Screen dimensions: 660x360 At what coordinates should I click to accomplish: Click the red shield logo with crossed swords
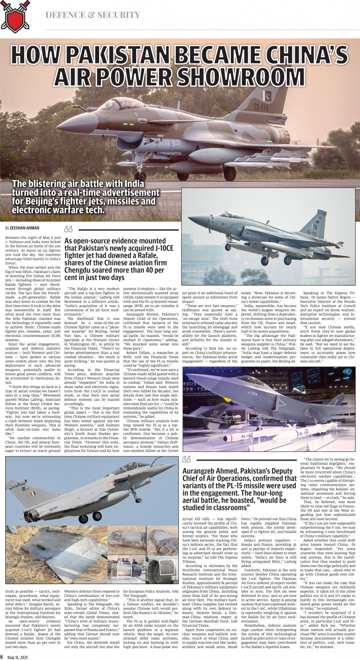pyautogui.click(x=15, y=16)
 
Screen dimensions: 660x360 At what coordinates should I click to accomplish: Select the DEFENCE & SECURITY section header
pyautogui.click(x=93, y=15)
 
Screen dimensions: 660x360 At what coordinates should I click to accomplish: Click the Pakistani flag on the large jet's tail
pyautogui.click(x=267, y=96)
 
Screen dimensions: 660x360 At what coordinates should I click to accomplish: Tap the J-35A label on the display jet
pyautogui.click(x=252, y=394)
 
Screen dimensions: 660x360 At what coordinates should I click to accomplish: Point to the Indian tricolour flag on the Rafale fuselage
pyautogui.click(x=33, y=494)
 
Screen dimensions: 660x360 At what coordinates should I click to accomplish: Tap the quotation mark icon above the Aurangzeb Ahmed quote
pyautogui.click(x=186, y=460)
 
